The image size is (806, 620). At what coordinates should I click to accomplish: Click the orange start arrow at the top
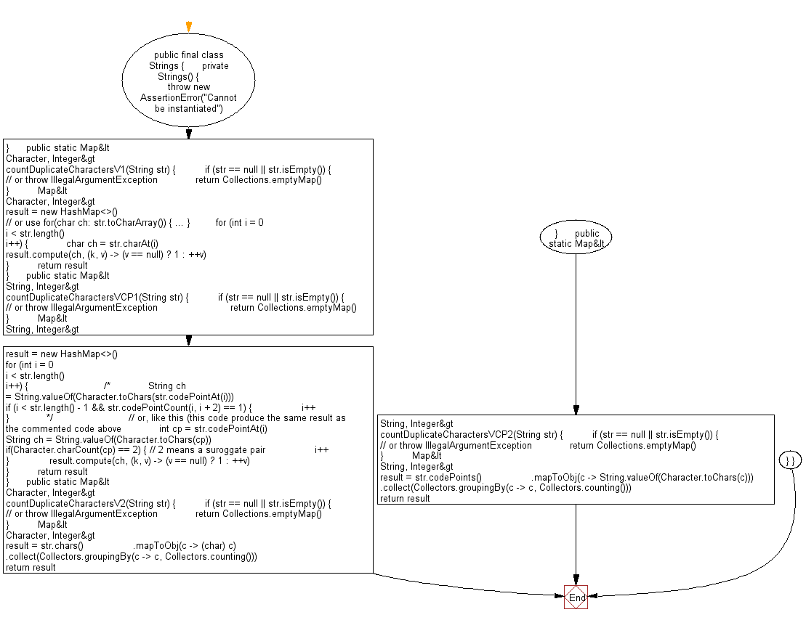tap(189, 27)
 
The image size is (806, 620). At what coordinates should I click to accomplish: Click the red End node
tap(576, 597)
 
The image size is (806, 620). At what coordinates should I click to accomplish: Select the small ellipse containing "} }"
tap(791, 460)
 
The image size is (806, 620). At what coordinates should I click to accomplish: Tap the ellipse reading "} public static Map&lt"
tap(576, 237)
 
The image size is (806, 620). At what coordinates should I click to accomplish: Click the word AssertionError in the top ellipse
tap(169, 97)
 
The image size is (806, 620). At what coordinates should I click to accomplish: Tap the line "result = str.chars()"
tap(44, 545)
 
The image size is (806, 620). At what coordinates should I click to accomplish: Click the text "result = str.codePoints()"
tap(431, 477)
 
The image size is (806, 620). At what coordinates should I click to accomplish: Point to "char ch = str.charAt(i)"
tap(112, 244)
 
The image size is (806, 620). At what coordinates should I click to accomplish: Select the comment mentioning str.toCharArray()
tap(97, 222)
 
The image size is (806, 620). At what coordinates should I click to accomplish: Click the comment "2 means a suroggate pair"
tap(208, 450)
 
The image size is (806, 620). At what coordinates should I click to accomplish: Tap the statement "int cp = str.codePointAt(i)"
tap(213, 429)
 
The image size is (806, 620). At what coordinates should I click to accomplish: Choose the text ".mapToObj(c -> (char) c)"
tap(185, 545)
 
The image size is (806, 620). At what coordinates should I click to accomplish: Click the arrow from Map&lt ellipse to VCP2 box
tap(576, 335)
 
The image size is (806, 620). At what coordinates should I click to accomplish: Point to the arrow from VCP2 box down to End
tap(576, 544)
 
